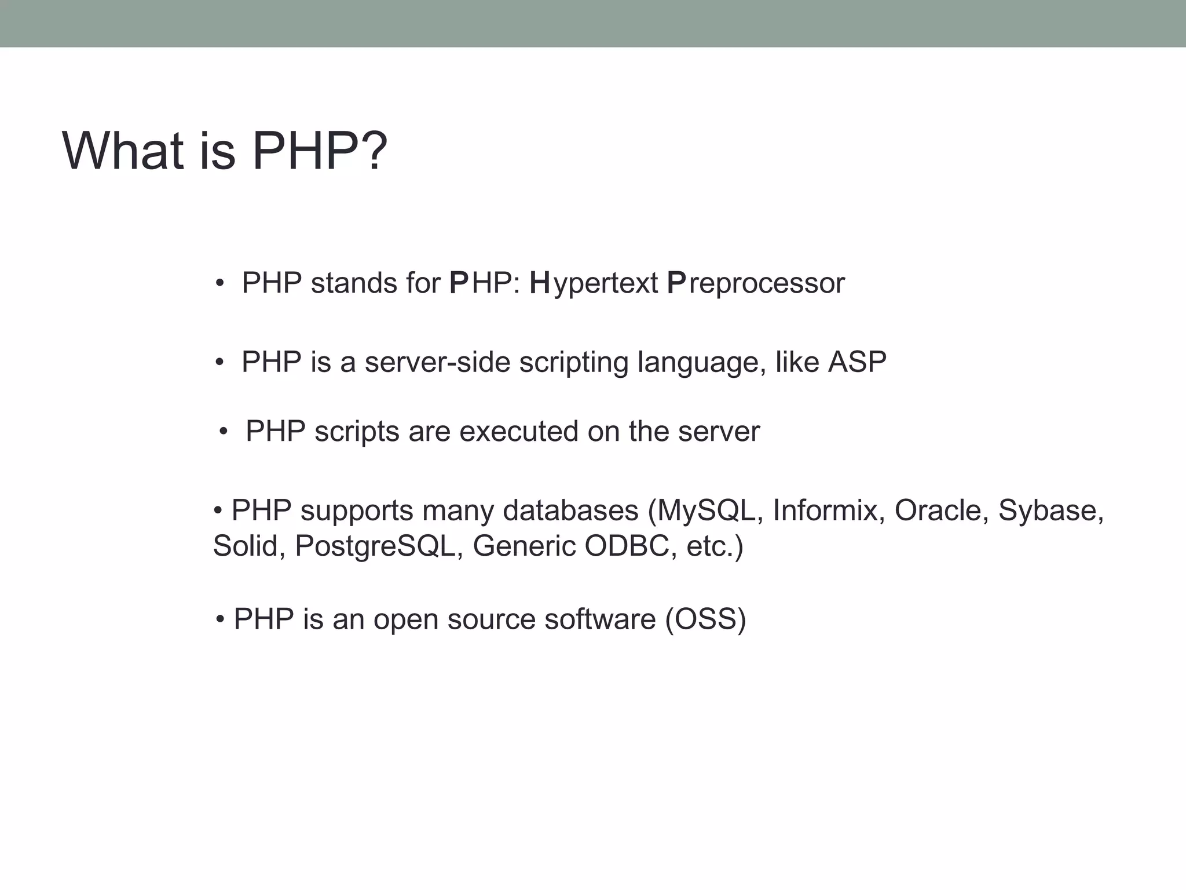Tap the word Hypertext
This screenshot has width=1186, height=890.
point(594,283)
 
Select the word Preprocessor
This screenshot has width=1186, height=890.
point(756,283)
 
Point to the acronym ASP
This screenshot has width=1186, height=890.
point(857,362)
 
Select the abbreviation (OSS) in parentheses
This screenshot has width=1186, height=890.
point(705,619)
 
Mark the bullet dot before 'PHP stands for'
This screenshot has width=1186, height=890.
point(219,284)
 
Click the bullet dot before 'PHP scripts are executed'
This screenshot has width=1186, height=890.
point(224,432)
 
